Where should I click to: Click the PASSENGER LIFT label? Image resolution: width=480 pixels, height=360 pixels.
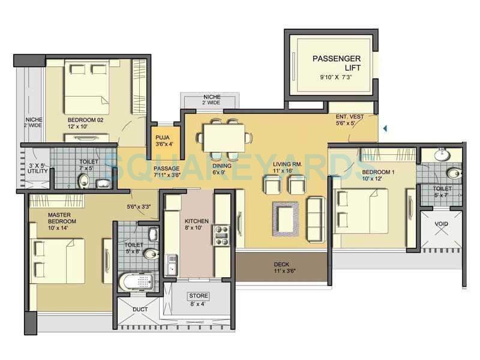[336, 63]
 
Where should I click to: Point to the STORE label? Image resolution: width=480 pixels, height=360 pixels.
[199, 296]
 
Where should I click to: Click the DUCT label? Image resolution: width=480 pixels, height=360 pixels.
[140, 310]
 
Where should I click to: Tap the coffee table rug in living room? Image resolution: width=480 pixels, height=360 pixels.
[286, 217]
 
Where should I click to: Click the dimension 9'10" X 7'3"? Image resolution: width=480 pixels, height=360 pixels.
[335, 77]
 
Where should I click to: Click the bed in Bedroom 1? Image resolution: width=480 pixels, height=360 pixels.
[360, 213]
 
